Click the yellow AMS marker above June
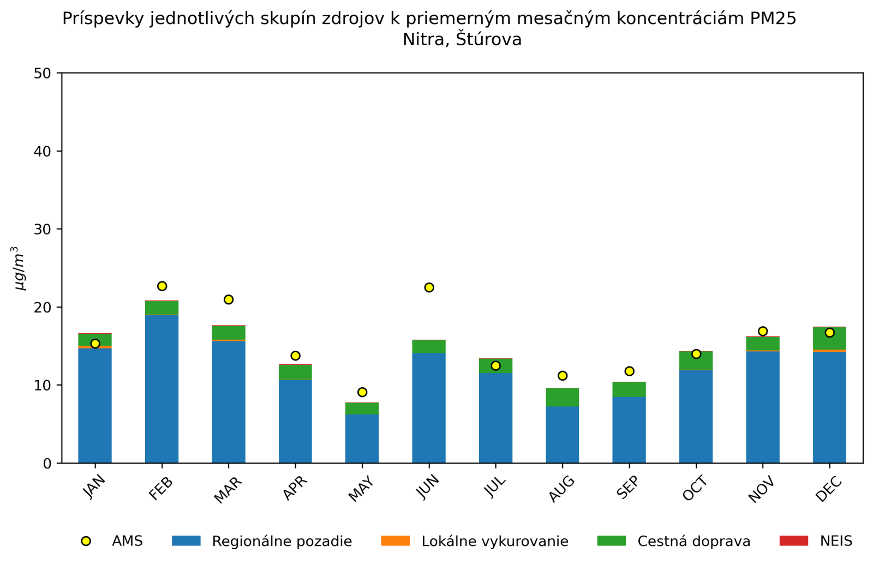(429, 287)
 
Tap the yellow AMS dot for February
(162, 286)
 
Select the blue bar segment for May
(362, 438)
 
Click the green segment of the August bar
(562, 397)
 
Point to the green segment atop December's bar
(829, 339)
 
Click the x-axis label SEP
(627, 487)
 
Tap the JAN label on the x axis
(94, 486)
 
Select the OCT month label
(695, 488)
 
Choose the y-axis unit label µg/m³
(19, 268)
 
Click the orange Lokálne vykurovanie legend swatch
(395, 541)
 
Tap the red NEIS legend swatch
(793, 541)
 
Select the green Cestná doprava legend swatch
(611, 541)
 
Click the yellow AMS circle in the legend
(86, 541)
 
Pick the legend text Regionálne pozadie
(282, 542)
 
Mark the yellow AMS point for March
(229, 299)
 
